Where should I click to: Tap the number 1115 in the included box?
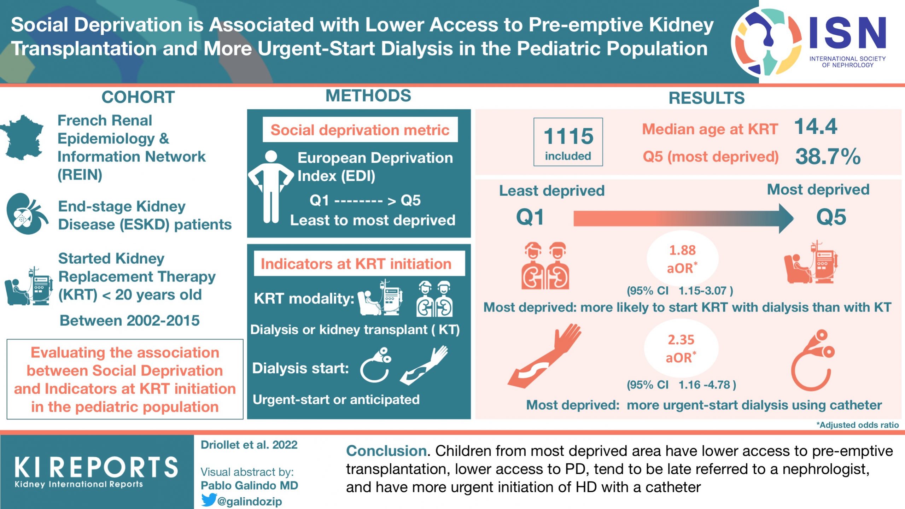[x=568, y=136]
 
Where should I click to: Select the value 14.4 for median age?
[x=816, y=127]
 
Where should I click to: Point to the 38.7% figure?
[x=828, y=157]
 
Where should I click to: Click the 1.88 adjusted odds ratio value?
[x=682, y=250]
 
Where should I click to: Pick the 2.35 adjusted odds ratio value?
[x=681, y=340]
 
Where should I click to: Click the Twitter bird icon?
[x=209, y=500]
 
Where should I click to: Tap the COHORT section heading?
[x=138, y=97]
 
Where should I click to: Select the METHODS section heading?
[x=368, y=96]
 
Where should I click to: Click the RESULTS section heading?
[x=706, y=98]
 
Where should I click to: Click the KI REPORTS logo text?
[x=96, y=467]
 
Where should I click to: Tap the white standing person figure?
[x=271, y=187]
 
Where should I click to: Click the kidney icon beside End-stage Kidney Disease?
[x=27, y=213]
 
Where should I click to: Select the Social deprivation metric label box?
[x=360, y=130]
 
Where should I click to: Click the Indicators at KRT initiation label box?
[x=356, y=264]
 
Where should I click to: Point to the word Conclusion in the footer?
[x=386, y=451]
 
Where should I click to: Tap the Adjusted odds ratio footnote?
[x=857, y=425]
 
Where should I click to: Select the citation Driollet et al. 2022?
[x=249, y=445]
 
